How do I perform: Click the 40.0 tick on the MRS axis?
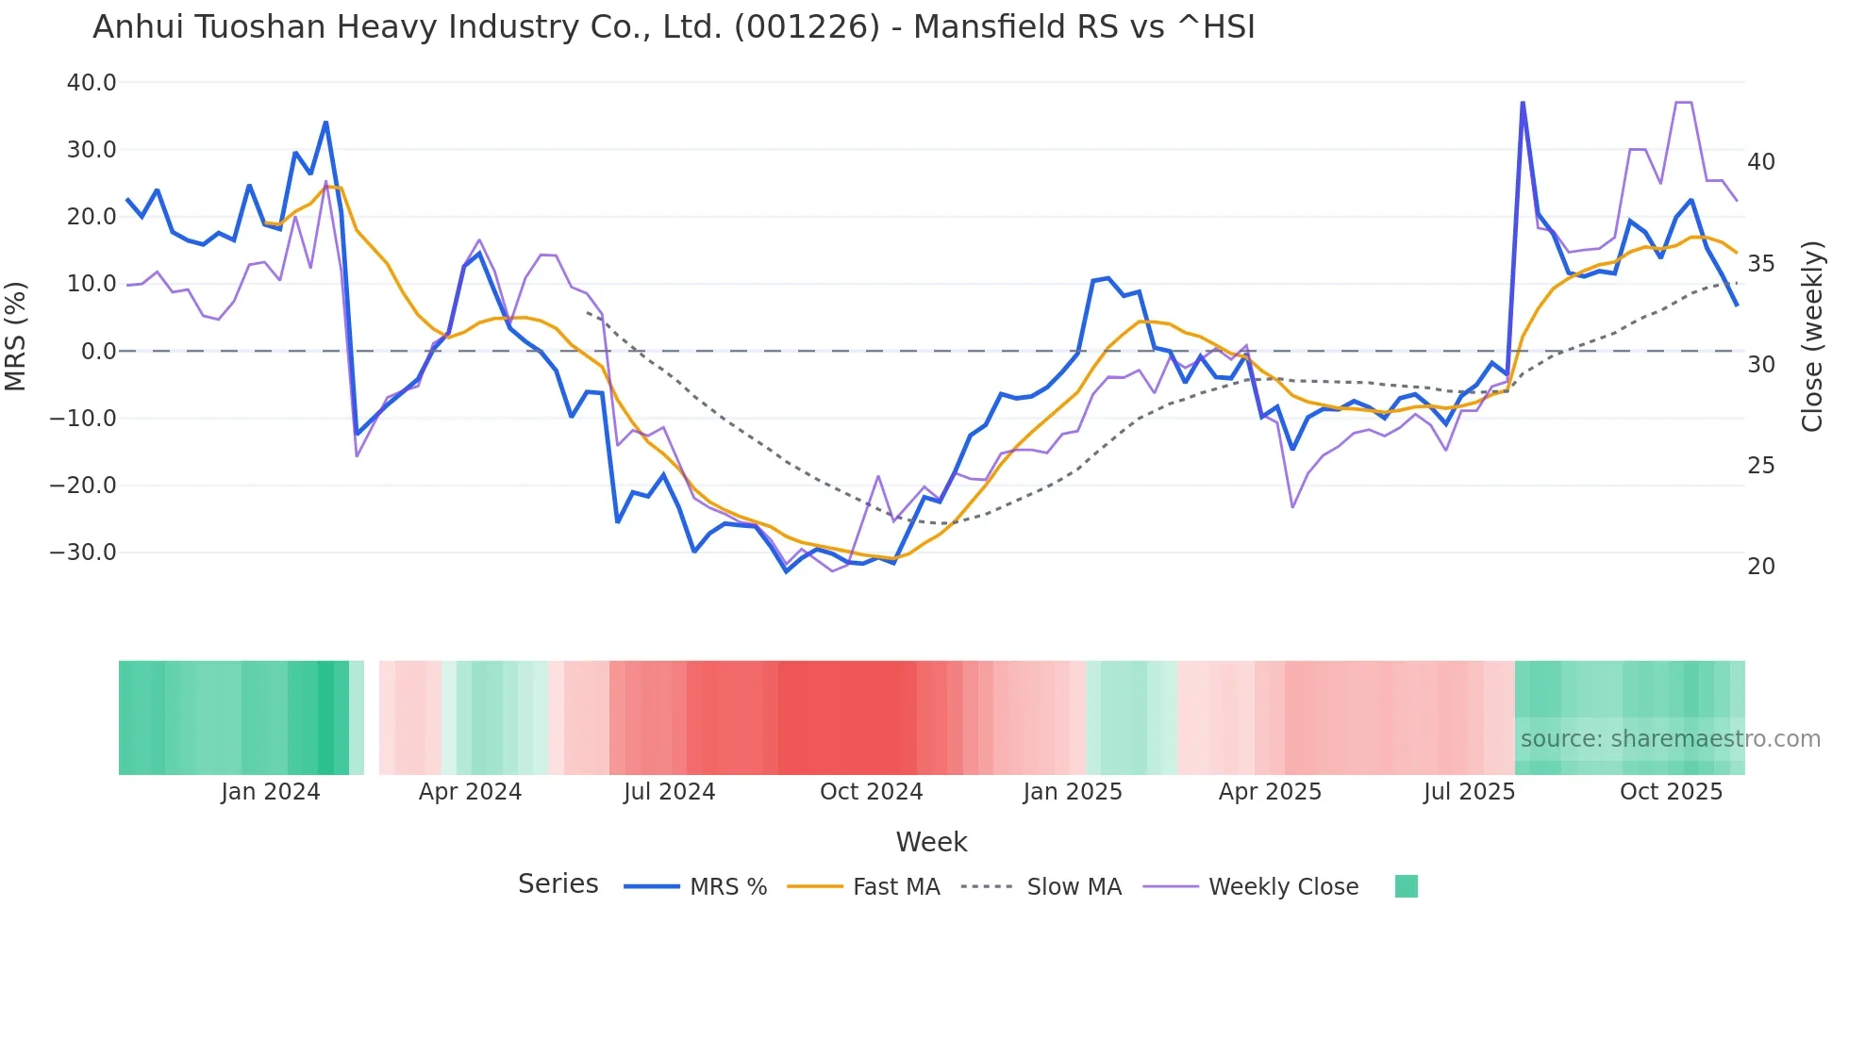(x=91, y=83)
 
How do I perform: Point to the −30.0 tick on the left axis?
(x=83, y=552)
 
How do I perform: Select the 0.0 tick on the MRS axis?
(x=98, y=352)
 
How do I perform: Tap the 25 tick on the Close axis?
(x=1760, y=466)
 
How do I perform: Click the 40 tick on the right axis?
(x=1760, y=162)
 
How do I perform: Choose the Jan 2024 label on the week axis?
(x=270, y=792)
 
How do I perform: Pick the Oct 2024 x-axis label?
(x=871, y=792)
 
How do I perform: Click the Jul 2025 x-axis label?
(x=1468, y=792)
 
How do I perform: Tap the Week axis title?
(x=931, y=842)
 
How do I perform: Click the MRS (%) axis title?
(x=16, y=337)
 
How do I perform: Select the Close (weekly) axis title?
(x=1811, y=337)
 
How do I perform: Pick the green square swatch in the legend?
(x=1406, y=886)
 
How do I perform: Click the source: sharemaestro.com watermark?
(x=1670, y=739)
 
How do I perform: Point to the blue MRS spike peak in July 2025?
(x=1523, y=103)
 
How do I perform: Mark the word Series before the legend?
(x=558, y=884)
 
